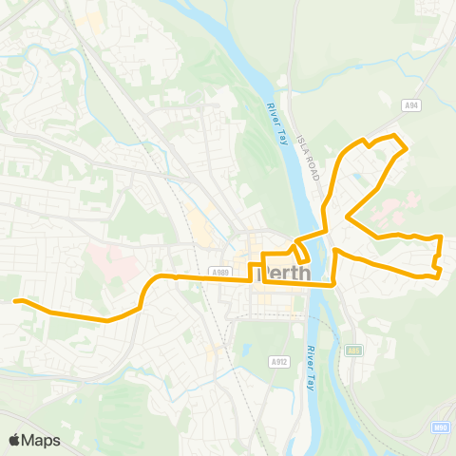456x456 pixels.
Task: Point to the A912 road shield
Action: coord(278,361)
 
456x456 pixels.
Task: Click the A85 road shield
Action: coord(354,350)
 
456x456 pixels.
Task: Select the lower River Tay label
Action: coord(311,367)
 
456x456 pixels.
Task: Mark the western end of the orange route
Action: coord(15,301)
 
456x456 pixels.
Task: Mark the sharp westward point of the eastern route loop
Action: coord(347,217)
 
